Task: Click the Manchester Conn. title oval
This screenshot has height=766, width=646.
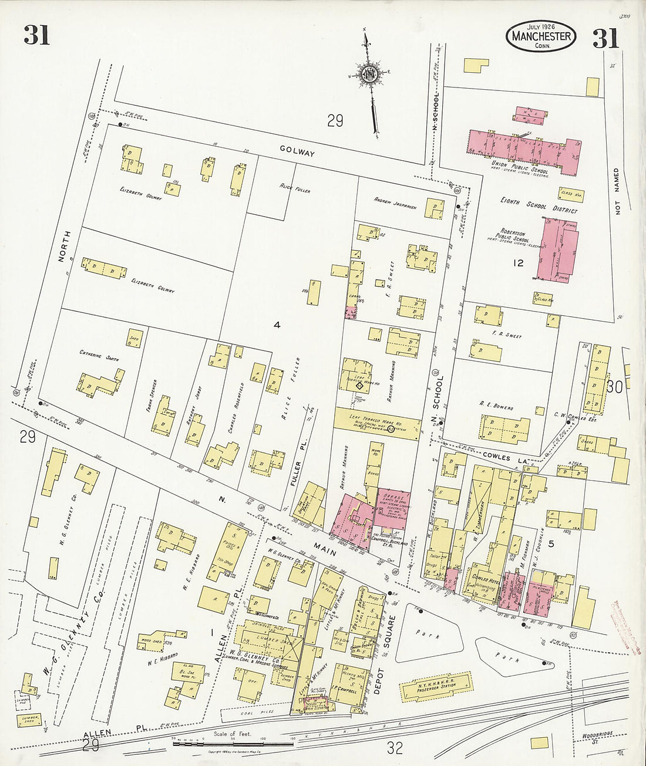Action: (541, 36)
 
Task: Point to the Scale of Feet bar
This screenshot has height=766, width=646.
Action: (233, 743)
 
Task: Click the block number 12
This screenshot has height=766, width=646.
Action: (517, 263)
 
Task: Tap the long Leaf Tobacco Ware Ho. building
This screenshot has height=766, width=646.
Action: (378, 423)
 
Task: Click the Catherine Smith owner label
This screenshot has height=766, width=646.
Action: (99, 355)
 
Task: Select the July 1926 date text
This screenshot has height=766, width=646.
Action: (540, 27)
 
